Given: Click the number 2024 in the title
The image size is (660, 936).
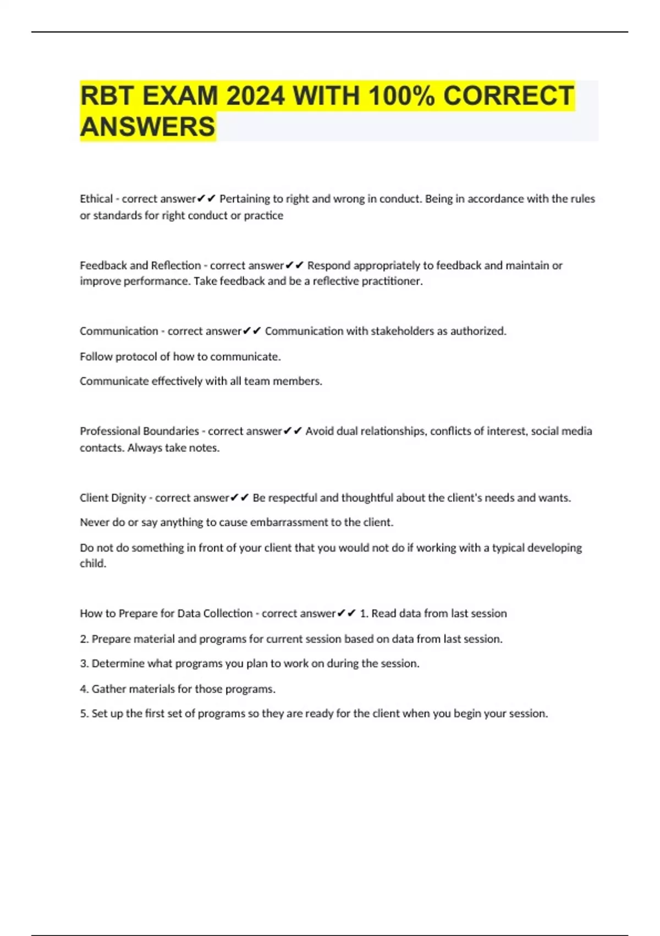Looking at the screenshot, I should coord(255,96).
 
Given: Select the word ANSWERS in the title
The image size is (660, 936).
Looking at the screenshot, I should coord(147,127).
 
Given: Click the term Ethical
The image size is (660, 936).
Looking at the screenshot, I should coord(96,199).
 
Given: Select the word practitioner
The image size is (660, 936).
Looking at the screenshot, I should coord(389,281).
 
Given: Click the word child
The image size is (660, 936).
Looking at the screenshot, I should coord(92,564).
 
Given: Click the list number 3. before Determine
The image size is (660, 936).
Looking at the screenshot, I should coord(84,663).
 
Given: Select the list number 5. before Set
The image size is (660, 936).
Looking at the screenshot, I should coord(84,714).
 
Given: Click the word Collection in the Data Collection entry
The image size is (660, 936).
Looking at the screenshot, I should coord(228,613).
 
